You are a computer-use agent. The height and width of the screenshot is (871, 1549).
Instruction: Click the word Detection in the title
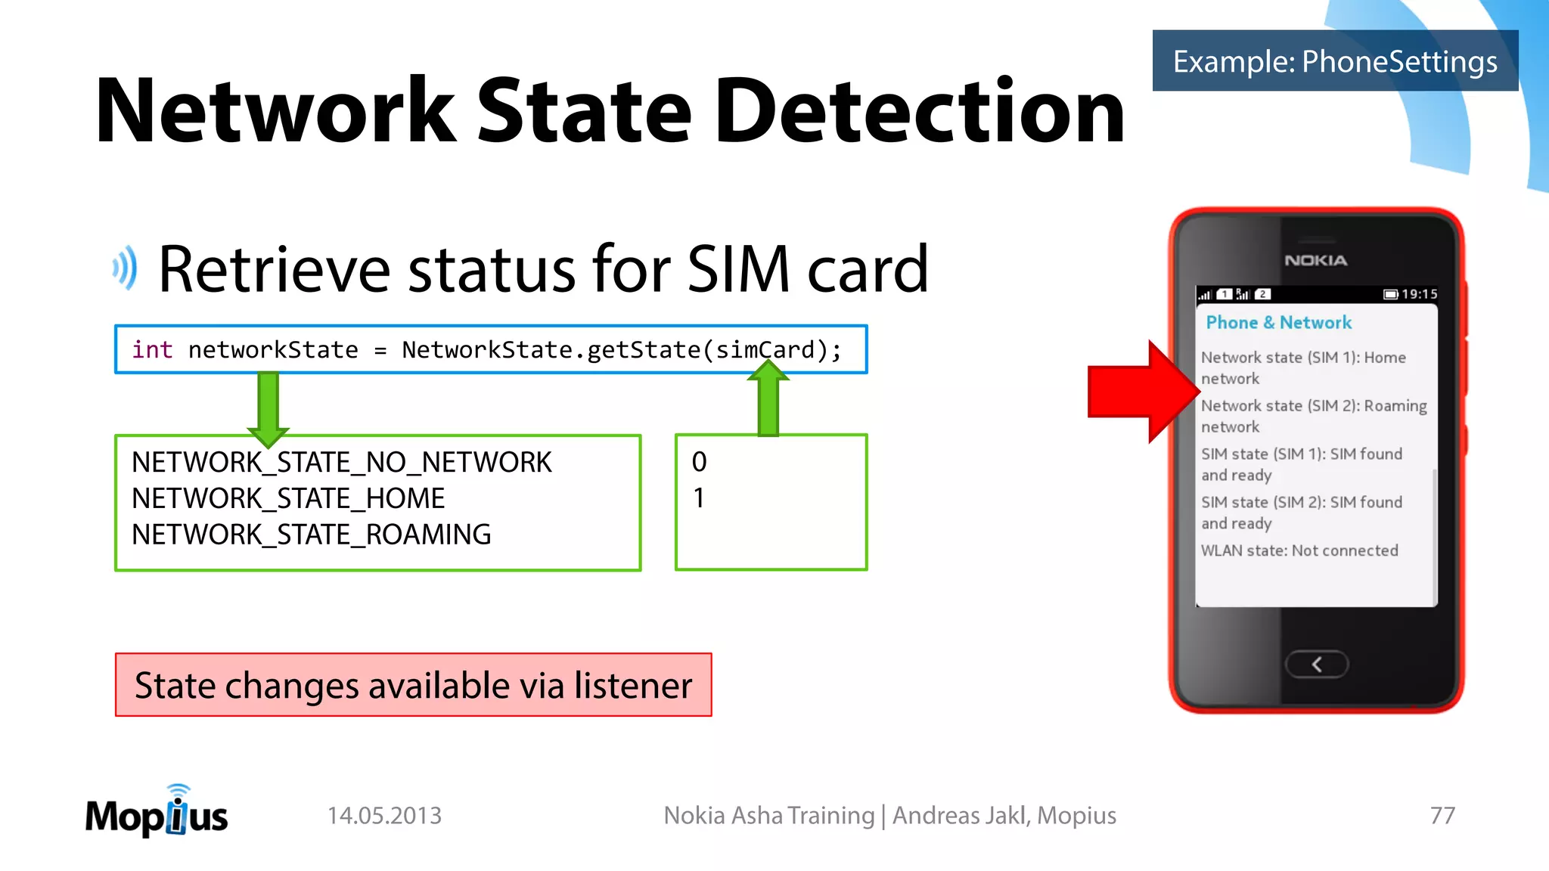click(919, 112)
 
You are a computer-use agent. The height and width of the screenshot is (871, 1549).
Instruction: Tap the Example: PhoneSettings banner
click(1335, 61)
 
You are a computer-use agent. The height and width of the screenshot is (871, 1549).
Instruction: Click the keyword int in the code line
click(152, 350)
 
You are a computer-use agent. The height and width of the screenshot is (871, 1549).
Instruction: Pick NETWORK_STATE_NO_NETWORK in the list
click(342, 462)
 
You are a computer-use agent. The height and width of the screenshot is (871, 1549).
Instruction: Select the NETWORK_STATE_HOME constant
click(288, 498)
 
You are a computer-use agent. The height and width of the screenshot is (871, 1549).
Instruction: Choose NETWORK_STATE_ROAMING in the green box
click(311, 535)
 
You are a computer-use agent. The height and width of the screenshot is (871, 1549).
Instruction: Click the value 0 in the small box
click(699, 462)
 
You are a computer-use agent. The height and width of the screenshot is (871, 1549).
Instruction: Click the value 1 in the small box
click(699, 498)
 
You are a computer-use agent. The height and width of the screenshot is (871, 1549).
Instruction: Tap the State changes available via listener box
click(413, 685)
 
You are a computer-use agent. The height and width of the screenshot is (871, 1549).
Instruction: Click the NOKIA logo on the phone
click(1315, 260)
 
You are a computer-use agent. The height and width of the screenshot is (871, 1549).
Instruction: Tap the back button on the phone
click(1316, 664)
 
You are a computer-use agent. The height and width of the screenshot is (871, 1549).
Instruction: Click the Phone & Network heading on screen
click(1278, 323)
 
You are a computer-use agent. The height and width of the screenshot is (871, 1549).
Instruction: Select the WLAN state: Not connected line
click(1299, 550)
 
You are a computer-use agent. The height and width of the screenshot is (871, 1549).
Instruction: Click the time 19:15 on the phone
click(1418, 294)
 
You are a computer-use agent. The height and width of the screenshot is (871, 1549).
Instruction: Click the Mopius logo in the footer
click(157, 814)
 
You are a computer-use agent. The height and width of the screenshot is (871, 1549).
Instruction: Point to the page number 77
click(1442, 815)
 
